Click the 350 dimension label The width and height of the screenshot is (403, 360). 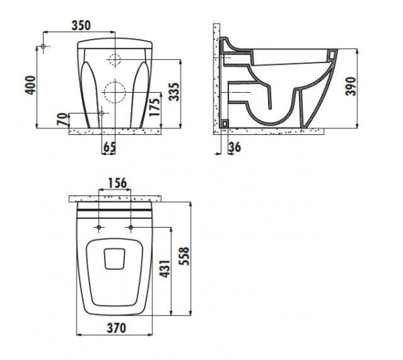[81, 26]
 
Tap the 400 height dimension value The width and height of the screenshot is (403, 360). [31, 85]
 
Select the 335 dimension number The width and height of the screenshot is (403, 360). [175, 91]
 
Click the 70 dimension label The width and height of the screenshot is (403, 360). [62, 120]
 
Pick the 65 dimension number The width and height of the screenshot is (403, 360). [109, 147]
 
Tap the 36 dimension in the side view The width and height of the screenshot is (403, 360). [235, 147]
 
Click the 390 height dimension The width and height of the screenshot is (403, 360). [351, 87]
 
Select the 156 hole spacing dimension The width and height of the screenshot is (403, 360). [117, 183]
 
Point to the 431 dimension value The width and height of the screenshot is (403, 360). [165, 269]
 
